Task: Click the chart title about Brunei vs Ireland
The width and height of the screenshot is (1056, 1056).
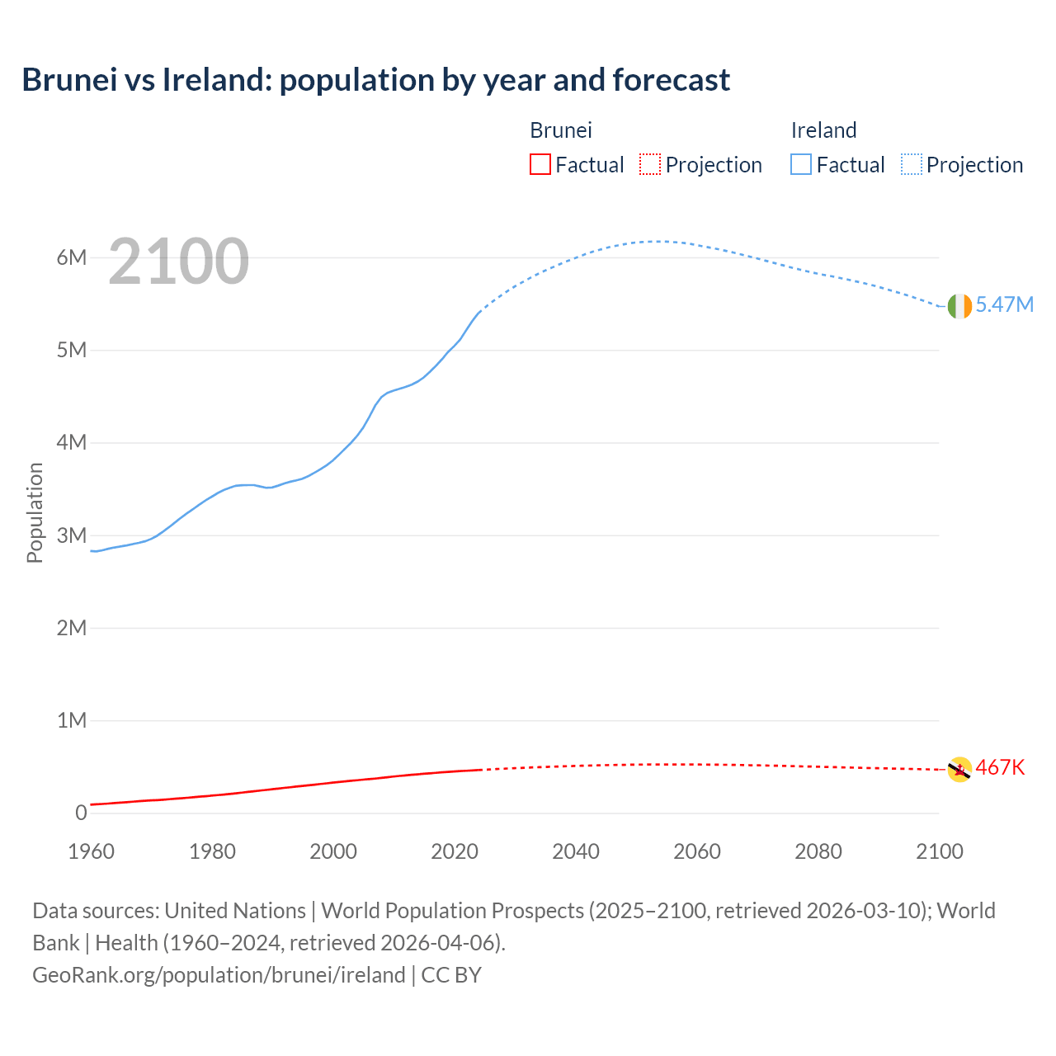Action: [x=375, y=80]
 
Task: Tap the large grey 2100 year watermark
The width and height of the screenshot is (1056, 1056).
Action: [x=178, y=262]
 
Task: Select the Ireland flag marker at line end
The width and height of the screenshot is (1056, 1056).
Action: [x=959, y=306]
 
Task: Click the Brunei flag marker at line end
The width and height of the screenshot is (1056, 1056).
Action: [x=959, y=769]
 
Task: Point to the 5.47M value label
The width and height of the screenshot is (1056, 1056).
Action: [x=1004, y=305]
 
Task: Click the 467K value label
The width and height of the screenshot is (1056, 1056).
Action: [x=1000, y=768]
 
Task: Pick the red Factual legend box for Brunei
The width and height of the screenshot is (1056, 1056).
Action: [x=540, y=165]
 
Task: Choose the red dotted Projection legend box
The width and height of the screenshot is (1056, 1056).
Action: [x=650, y=165]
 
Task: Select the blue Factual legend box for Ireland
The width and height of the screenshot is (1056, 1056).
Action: [x=800, y=165]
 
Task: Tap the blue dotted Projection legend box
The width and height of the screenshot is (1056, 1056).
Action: [x=912, y=165]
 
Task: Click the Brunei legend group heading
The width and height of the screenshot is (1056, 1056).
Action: [x=561, y=130]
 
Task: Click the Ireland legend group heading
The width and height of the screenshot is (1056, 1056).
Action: [x=823, y=130]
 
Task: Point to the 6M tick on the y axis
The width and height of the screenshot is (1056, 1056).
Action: [x=72, y=257]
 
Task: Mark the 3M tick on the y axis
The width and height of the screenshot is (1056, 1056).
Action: [x=72, y=535]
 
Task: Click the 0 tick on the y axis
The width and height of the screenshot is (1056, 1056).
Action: [x=81, y=813]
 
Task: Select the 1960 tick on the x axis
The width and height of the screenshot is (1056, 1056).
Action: [x=91, y=851]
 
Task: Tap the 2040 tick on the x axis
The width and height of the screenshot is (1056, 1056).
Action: [x=576, y=851]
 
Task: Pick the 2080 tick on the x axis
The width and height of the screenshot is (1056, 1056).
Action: [x=818, y=851]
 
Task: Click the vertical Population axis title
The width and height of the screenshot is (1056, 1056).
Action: [x=35, y=512]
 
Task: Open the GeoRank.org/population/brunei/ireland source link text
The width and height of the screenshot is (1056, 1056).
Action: [x=219, y=975]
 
